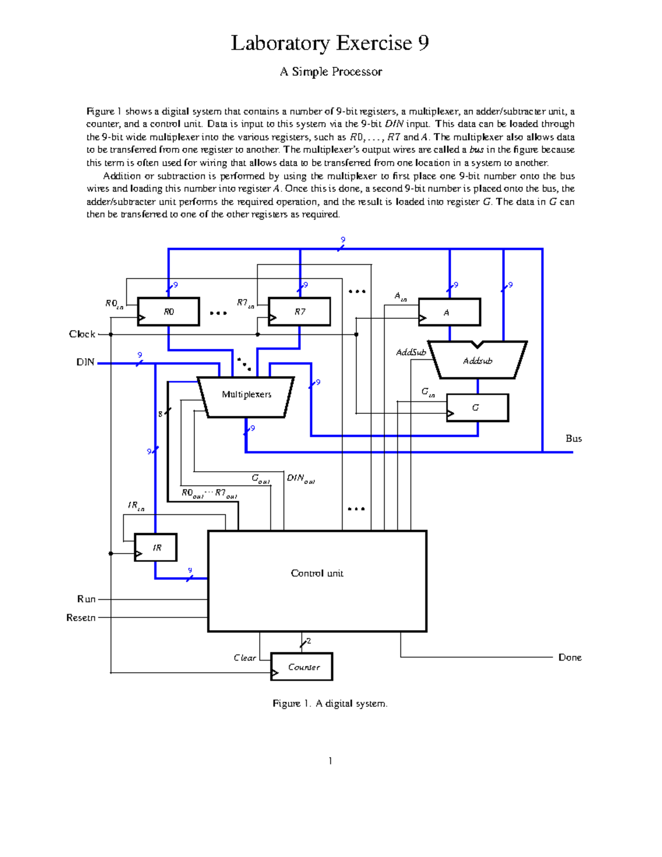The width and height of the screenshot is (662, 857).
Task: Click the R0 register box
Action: [x=168, y=312]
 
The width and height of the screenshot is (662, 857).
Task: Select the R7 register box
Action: [x=299, y=312]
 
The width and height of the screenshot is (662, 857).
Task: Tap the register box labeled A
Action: [x=449, y=312]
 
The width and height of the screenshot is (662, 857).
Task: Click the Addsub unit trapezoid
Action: [x=477, y=361]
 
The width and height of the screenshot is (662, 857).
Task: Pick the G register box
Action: [x=477, y=408]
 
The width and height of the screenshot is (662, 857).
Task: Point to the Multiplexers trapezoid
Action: [x=246, y=395]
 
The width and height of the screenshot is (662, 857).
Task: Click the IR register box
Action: [x=156, y=547]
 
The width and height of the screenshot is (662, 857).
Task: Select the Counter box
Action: [x=302, y=667]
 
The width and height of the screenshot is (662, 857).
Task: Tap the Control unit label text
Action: [x=317, y=573]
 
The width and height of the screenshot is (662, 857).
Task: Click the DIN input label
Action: [x=85, y=363]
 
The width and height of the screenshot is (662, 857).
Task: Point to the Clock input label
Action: [x=82, y=334]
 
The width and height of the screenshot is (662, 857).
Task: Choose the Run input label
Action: [x=86, y=599]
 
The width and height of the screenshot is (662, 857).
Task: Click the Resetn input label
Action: [x=81, y=618]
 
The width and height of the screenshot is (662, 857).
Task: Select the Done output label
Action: [x=569, y=657]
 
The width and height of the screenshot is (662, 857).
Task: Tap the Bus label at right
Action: [x=573, y=439]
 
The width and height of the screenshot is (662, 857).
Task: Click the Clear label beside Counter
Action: [x=244, y=658]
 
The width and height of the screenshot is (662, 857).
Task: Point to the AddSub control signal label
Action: [x=410, y=352]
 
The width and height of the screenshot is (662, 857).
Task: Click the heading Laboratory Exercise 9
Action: [x=330, y=43]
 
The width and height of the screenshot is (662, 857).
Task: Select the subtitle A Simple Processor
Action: [x=330, y=72]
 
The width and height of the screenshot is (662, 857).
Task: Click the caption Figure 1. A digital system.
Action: [x=330, y=704]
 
